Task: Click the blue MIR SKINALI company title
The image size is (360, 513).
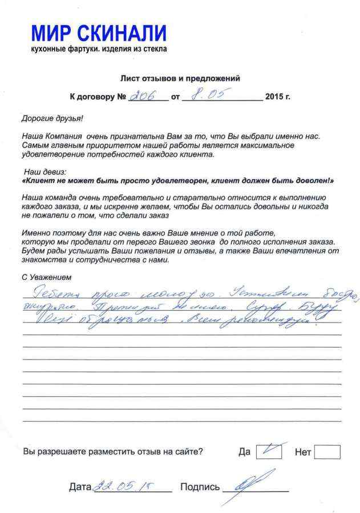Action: point(98,33)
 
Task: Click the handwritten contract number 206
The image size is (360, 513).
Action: point(142,96)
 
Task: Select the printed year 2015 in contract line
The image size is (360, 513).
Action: point(278,97)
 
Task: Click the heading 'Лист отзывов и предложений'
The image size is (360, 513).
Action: point(180,78)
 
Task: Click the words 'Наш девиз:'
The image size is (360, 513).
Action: point(45,171)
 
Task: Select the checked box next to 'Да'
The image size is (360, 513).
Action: point(269,451)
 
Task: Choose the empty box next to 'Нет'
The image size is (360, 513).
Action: point(327,452)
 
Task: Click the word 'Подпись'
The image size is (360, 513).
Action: point(200,487)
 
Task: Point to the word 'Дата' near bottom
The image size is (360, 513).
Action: point(80,487)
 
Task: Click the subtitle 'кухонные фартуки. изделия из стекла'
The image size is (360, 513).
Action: point(99,50)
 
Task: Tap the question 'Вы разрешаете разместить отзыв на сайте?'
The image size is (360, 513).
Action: point(112,452)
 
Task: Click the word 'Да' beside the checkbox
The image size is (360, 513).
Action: point(244,452)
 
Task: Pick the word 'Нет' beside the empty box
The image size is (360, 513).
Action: point(303,453)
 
